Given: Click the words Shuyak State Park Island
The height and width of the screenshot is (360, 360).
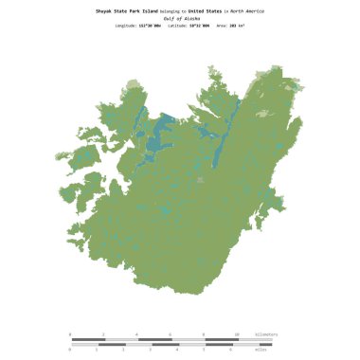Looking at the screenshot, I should tap(125, 10).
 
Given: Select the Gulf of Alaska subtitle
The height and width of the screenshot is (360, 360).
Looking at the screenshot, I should tap(179, 18).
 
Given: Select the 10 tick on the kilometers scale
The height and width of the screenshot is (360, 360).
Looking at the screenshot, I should tap(238, 334).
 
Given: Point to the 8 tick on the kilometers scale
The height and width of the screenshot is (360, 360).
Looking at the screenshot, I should tap(205, 334).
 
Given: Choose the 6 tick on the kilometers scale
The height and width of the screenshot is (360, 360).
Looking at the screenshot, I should tap(171, 334).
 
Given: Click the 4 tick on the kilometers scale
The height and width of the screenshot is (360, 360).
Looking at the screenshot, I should tap(137, 334).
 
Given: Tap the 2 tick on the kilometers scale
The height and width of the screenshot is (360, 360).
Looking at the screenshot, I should tap(104, 334).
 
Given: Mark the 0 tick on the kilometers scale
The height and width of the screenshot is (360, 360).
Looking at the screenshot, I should tap(71, 334).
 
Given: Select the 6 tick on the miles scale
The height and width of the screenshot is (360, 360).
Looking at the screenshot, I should tap(232, 349).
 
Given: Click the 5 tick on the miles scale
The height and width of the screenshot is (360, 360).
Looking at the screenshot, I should tap(206, 349).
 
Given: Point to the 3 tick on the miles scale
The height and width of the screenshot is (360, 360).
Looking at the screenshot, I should tap(152, 349).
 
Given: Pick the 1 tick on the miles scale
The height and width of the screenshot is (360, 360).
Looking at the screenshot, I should tap(98, 349).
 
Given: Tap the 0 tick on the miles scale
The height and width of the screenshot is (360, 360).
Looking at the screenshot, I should tap(71, 349).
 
